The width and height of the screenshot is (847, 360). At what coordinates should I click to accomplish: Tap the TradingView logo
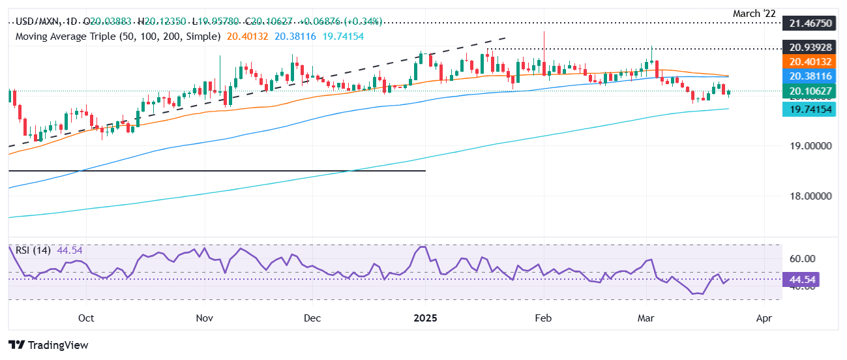(x=48, y=345)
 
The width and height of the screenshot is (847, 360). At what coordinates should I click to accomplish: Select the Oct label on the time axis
(x=85, y=318)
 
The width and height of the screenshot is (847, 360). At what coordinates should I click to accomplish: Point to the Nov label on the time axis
(x=205, y=318)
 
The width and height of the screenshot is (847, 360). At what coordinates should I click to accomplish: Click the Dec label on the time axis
(x=312, y=318)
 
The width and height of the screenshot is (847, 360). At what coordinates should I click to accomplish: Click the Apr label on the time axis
(x=764, y=318)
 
